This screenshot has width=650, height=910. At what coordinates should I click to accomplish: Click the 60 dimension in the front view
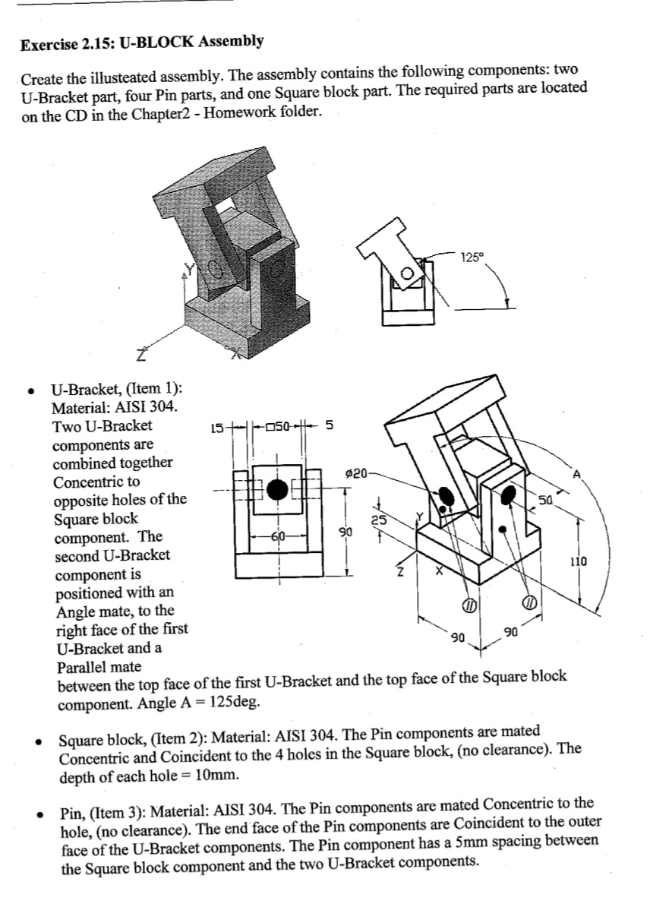pos(278,536)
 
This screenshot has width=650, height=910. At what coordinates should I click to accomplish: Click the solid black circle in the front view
pos(278,488)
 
